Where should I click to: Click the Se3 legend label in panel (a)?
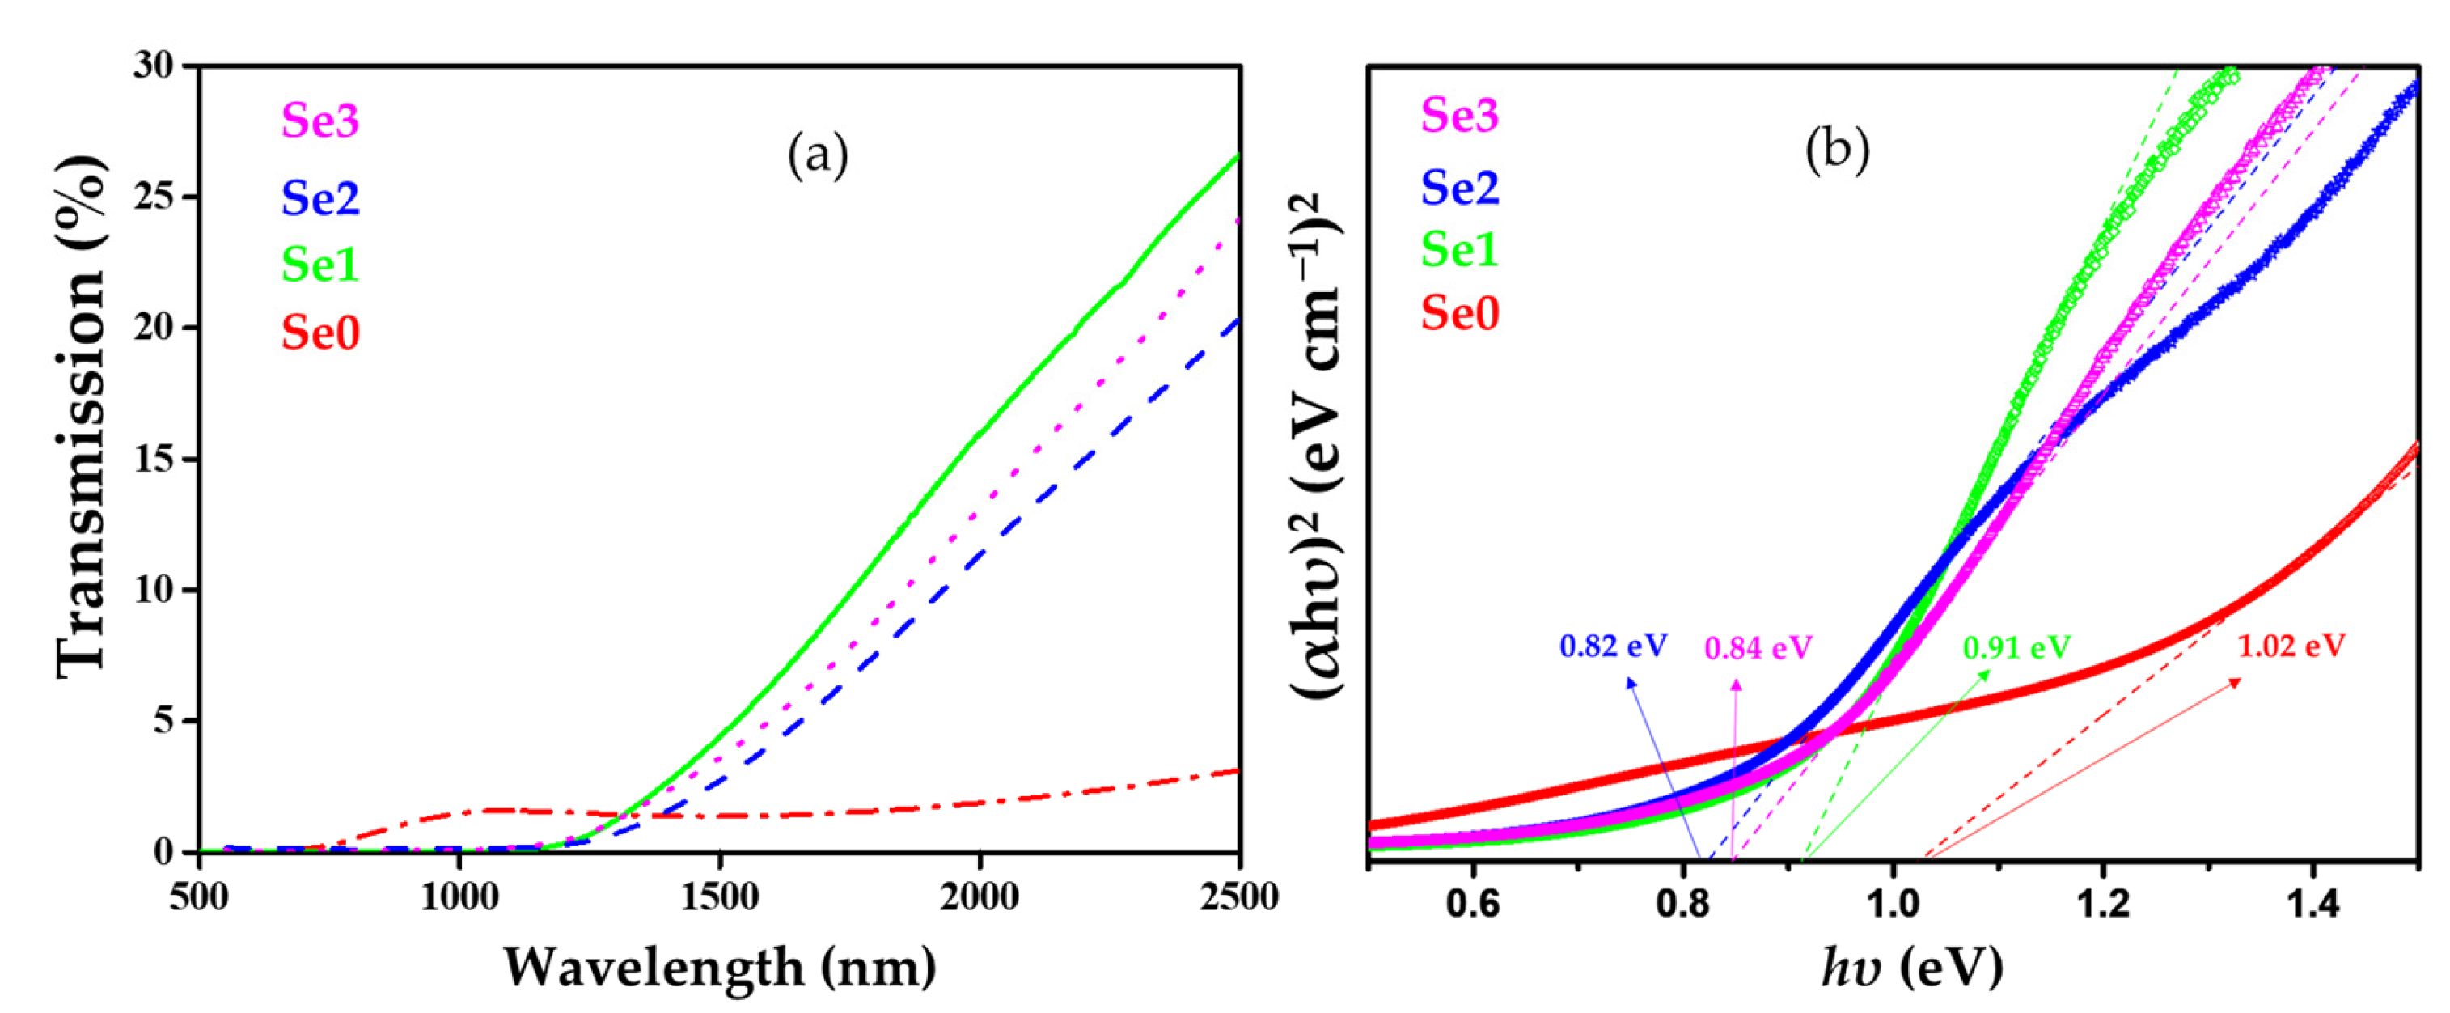coord(319,121)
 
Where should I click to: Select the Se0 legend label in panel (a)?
coord(319,333)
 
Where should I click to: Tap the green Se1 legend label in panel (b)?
coord(1459,250)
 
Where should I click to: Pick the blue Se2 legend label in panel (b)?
coord(1459,186)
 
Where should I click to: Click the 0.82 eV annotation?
coord(1613,646)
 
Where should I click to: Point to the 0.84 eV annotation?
coord(1758,649)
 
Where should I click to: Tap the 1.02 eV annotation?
coord(2291,646)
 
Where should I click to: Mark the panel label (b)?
coord(1838,150)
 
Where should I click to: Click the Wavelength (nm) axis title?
coord(719,968)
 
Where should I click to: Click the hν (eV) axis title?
coord(1911,968)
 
